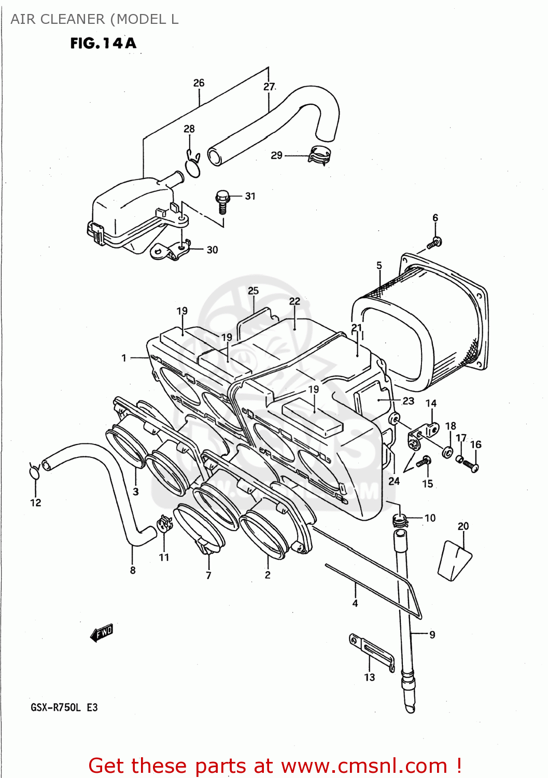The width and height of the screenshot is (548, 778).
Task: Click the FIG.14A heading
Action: coord(103,43)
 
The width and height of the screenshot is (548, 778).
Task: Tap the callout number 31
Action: coord(250,196)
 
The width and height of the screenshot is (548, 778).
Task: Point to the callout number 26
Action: coord(199,83)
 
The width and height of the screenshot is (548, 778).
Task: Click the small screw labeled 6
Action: coord(434,242)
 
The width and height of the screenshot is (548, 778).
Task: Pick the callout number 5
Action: coord(379,266)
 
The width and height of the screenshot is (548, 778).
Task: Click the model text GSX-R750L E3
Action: coord(64,707)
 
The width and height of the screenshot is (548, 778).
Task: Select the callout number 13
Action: coord(369,677)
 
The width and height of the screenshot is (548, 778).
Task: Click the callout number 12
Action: coord(35,503)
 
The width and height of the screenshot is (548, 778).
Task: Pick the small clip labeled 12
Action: coord(34,471)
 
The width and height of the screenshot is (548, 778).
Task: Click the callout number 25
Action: coord(253,291)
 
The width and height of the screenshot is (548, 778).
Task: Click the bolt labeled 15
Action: coord(424,461)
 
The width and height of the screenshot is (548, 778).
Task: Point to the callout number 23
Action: coord(409,401)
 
